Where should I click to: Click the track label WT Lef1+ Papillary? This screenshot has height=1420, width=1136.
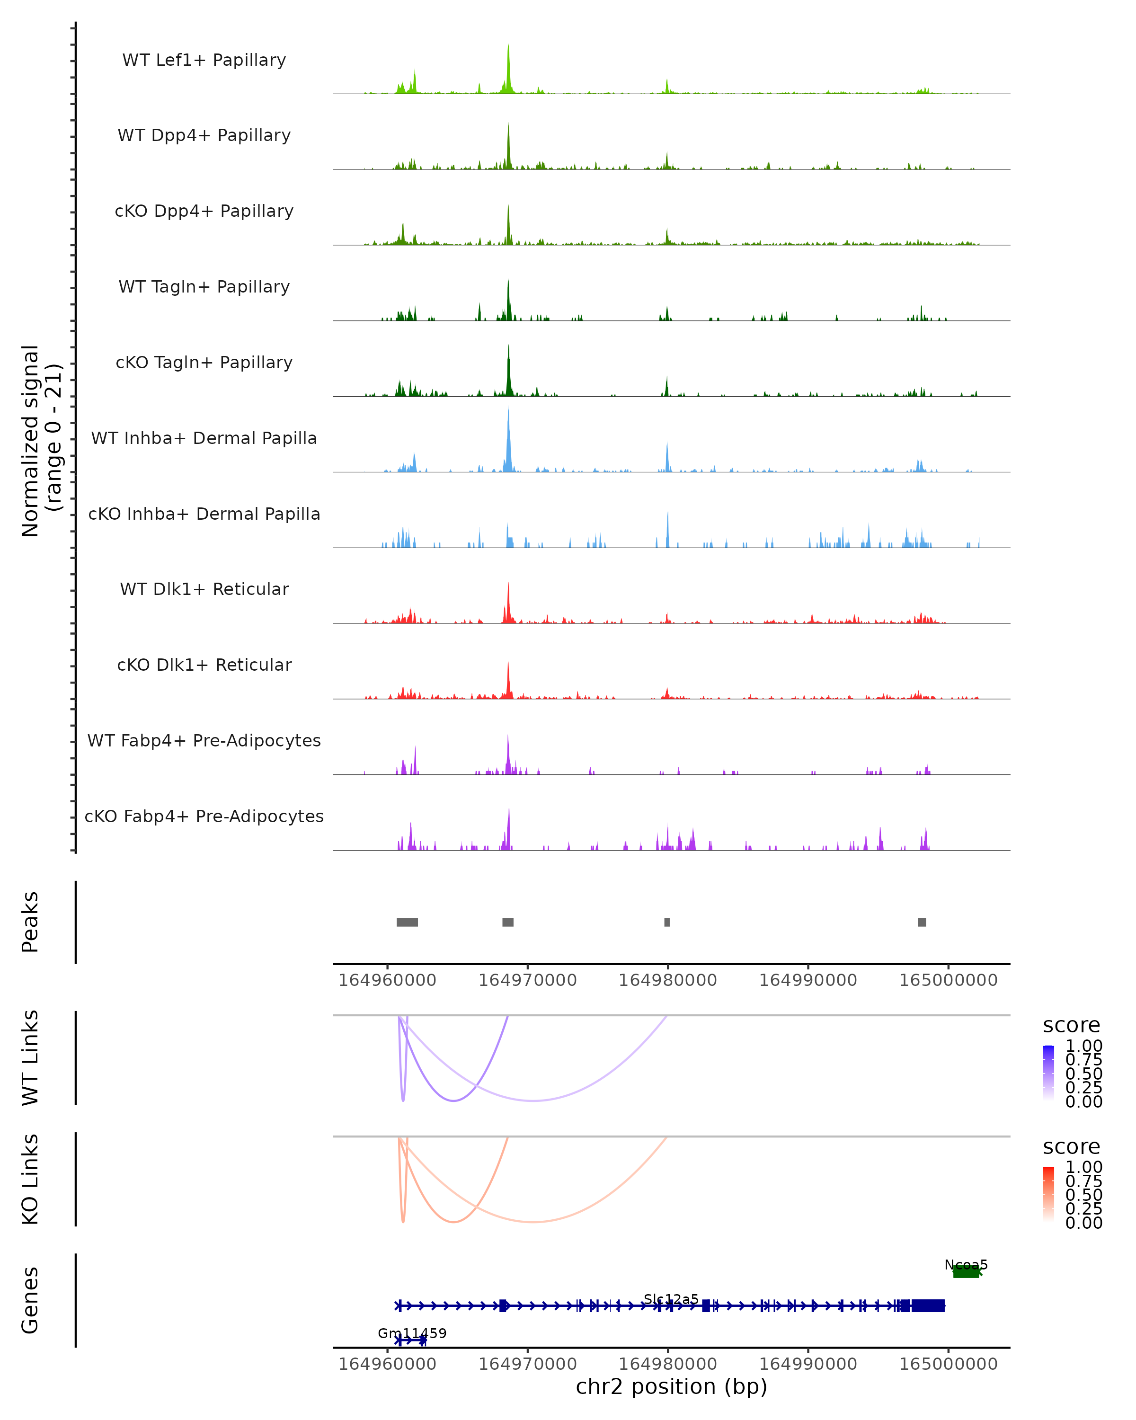point(204,60)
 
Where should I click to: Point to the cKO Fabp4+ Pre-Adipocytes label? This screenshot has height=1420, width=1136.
point(204,816)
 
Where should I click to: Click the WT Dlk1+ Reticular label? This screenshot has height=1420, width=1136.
point(204,589)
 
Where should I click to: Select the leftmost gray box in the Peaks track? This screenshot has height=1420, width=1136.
point(407,922)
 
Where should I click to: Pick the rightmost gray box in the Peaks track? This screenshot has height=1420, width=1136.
point(922,922)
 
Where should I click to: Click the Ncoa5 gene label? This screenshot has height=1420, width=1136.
point(966,1265)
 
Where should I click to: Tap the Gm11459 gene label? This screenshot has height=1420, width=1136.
point(412,1333)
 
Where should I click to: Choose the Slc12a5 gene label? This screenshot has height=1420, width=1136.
point(671,1299)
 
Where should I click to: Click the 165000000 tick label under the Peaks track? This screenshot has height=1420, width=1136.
point(948,980)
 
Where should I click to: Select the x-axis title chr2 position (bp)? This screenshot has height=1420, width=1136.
point(671,1386)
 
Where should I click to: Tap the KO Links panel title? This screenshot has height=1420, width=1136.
point(30,1179)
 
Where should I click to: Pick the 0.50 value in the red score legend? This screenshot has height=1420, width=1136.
point(1083,1195)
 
